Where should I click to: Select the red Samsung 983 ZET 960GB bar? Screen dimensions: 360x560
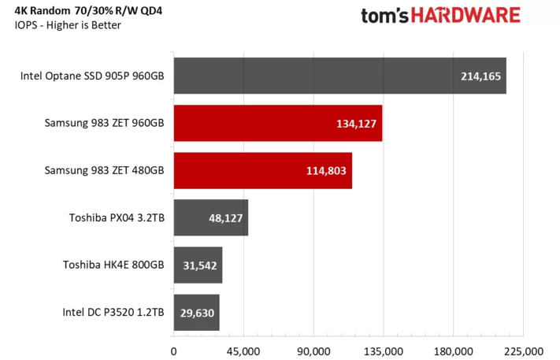[277, 124]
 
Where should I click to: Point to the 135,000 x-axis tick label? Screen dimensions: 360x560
[384, 350]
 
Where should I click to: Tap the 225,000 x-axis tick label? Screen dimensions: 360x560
[524, 350]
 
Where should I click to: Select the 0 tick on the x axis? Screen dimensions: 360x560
[173, 350]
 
